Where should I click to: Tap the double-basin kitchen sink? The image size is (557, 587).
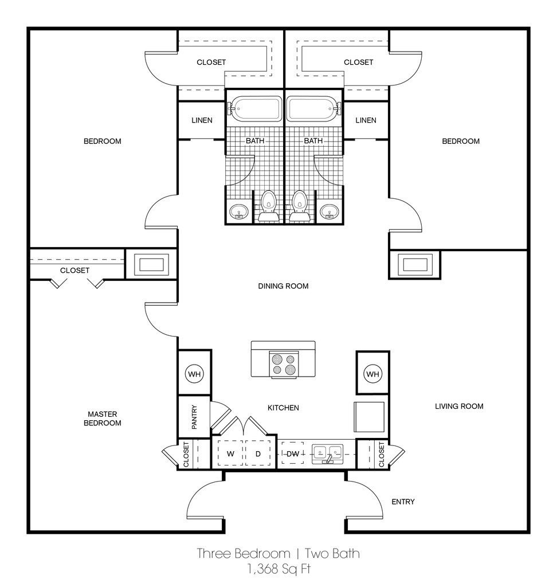(328, 454)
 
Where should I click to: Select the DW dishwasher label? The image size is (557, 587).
(293, 454)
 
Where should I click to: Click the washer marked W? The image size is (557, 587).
(230, 453)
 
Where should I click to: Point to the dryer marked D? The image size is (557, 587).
(258, 453)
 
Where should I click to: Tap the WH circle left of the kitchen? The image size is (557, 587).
(194, 374)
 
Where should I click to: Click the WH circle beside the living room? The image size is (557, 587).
(372, 374)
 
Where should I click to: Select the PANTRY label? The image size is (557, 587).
(194, 417)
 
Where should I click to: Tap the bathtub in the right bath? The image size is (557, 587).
(314, 109)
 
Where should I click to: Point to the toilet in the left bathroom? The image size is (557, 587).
(268, 206)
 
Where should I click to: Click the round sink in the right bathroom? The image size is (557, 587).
(330, 212)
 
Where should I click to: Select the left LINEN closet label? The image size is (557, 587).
(202, 120)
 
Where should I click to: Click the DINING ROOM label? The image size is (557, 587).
(283, 286)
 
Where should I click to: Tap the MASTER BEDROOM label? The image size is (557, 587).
(102, 418)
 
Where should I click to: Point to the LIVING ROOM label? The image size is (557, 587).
(459, 406)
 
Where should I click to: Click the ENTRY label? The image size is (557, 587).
(403, 502)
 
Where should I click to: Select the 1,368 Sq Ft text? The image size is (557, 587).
(278, 569)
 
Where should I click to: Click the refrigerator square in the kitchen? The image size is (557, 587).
(369, 417)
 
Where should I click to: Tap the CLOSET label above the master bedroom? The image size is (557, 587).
(75, 271)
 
